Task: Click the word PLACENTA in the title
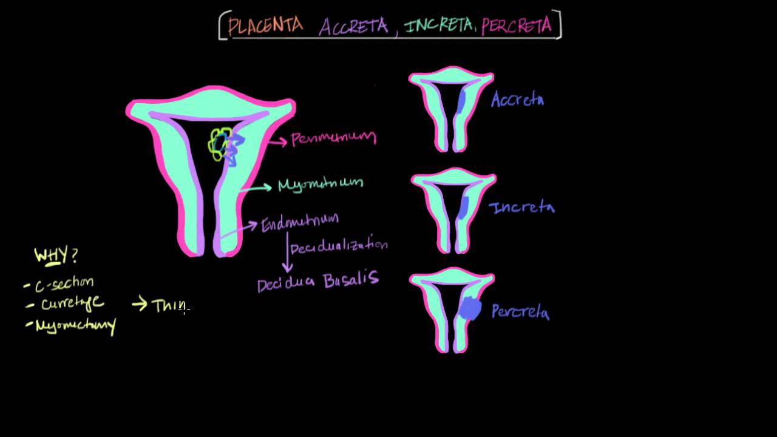point(265,25)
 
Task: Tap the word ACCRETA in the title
point(353,26)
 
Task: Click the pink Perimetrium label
point(333,139)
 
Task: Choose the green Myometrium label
point(320,183)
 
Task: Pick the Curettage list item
point(72,303)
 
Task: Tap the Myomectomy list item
point(75,326)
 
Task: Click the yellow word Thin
point(168,305)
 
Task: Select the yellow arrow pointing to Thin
point(140,304)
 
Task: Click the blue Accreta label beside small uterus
point(517,100)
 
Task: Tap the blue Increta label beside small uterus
point(521,208)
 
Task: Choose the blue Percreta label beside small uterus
point(520,312)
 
